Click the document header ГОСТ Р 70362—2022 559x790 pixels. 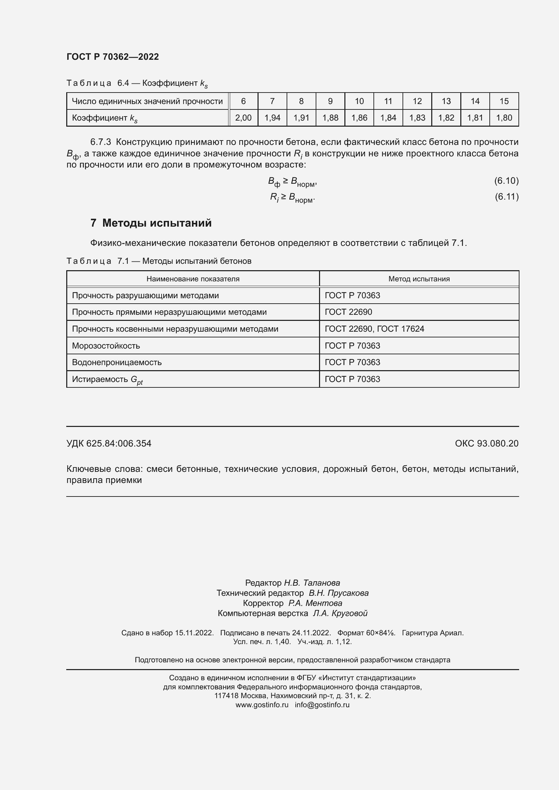tap(113, 57)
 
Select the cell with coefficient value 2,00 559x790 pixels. tap(243, 118)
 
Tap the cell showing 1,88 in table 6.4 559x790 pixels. tap(330, 118)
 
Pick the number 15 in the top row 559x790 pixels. tap(504, 101)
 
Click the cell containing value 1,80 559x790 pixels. tap(504, 118)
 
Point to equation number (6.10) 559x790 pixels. tap(506, 181)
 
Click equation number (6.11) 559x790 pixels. tap(506, 197)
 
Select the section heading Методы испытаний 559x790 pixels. tap(156, 223)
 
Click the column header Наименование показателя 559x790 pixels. tap(193, 279)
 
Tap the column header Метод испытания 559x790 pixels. tap(419, 279)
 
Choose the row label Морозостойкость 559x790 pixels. tap(106, 346)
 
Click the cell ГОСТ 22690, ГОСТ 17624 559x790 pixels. tap(374, 329)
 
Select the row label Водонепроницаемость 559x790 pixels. tap(117, 362)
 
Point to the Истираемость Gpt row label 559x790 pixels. tap(107, 379)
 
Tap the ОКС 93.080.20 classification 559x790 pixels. tap(486, 443)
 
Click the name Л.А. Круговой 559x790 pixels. tap(340, 613)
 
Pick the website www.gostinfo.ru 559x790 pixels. tap(262, 705)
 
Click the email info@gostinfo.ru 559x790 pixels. tap(322, 705)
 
